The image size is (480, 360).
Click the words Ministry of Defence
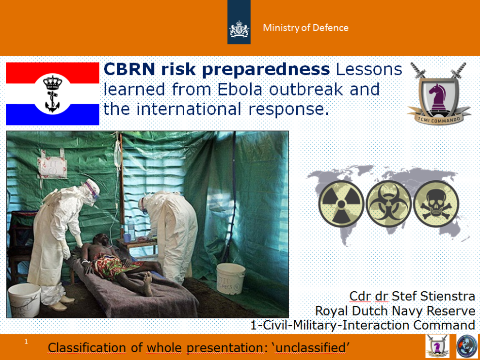(305, 28)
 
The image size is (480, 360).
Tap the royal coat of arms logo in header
(239, 29)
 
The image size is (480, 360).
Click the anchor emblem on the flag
(53, 94)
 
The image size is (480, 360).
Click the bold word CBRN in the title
(129, 69)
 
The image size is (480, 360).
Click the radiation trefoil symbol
(341, 203)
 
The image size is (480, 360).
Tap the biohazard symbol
(388, 203)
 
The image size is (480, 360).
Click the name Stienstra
(448, 296)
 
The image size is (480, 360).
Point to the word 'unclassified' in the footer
(310, 348)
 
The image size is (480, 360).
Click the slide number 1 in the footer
(26, 341)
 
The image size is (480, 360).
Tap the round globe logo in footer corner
(467, 346)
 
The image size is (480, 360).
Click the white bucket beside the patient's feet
(231, 278)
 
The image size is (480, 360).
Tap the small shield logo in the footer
(437, 346)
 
